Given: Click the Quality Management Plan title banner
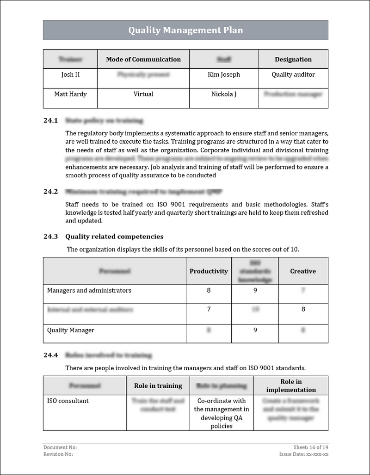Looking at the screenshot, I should click(x=185, y=30).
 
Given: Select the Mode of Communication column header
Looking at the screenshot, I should click(x=143, y=59).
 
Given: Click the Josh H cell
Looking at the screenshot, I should click(x=70, y=74).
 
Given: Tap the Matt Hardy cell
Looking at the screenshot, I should click(x=70, y=94).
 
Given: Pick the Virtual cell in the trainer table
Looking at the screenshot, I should click(x=143, y=94).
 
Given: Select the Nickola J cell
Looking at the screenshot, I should click(x=224, y=94).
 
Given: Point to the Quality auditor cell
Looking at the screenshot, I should click(x=293, y=74).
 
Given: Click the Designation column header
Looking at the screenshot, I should click(x=293, y=59).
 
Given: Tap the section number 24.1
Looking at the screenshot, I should click(x=50, y=121).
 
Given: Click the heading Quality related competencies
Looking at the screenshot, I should click(x=114, y=236).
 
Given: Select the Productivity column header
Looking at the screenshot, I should click(x=209, y=271).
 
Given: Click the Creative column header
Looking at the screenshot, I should click(x=303, y=271).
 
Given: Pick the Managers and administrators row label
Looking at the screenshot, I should click(x=89, y=290).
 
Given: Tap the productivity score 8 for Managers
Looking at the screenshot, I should click(x=209, y=290).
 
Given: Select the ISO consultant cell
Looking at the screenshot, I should click(x=68, y=401).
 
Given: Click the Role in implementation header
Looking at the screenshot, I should click(x=291, y=385).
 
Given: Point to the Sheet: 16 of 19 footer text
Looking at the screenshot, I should click(x=311, y=447).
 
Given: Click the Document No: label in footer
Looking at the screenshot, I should click(x=60, y=447).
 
